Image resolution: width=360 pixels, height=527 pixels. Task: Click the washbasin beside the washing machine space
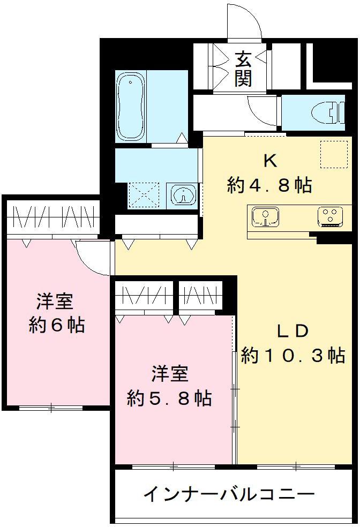coord(183,195)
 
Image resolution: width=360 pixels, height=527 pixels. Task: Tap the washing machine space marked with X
coord(144,194)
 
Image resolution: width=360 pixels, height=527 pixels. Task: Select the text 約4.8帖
coord(269,185)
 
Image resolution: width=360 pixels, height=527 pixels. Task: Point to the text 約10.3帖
coord(292,356)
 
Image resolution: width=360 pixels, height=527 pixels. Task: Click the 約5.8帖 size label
coord(169,398)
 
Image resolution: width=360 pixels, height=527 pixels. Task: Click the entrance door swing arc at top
coord(244,21)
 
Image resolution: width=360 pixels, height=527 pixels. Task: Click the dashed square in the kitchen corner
coord(331,153)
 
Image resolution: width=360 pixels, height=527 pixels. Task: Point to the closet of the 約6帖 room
coord(52,217)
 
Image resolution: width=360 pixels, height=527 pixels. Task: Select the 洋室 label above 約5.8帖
coord(169,373)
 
